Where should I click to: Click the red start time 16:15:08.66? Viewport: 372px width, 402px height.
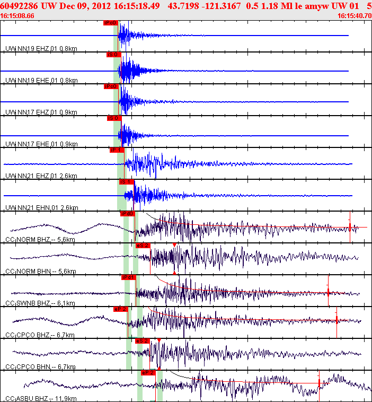17,15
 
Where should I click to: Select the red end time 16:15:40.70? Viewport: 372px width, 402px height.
354,15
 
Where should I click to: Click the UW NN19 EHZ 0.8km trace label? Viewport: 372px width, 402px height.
41,49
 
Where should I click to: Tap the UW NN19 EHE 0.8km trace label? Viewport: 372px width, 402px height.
41,81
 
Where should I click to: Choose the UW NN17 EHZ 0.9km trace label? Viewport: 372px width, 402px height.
41,112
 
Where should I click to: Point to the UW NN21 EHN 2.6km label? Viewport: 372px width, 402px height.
41,207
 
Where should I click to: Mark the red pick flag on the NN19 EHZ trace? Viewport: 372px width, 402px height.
110,23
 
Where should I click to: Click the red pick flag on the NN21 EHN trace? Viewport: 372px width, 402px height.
127,181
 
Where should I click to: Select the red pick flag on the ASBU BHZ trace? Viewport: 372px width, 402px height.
147,372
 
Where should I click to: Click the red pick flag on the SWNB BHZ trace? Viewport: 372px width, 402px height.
129,277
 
